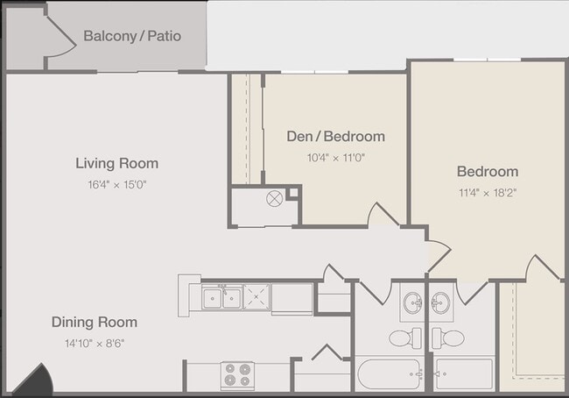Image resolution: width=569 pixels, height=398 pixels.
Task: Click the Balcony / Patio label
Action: click(132, 36)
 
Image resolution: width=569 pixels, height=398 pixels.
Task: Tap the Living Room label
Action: click(116, 163)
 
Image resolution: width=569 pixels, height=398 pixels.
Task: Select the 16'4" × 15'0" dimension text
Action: click(116, 185)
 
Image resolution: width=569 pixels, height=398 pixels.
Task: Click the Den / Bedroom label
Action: click(335, 136)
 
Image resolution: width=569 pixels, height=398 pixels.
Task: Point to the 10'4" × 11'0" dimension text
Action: click(335, 158)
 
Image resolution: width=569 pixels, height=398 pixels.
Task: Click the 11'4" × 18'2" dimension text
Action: click(488, 193)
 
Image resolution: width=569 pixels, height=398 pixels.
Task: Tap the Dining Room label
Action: click(95, 322)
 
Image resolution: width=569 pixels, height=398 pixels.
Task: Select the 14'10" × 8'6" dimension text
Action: click(95, 343)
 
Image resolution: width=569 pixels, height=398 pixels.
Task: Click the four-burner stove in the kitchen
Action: click(238, 374)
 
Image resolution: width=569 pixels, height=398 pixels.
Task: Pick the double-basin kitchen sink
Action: click(221, 297)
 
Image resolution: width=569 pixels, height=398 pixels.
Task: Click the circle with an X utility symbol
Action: click(274, 199)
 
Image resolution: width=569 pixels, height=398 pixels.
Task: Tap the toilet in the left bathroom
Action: click(405, 338)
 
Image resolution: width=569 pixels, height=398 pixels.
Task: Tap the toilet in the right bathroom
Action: click(448, 338)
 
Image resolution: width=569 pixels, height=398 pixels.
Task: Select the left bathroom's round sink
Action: click(413, 302)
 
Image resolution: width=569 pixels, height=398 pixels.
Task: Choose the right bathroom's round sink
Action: click(440, 302)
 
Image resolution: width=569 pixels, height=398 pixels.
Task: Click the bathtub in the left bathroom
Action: click(390, 374)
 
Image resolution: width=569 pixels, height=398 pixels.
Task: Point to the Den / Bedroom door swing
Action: click(383, 214)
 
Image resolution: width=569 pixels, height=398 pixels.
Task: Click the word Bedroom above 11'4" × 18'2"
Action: click(488, 171)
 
